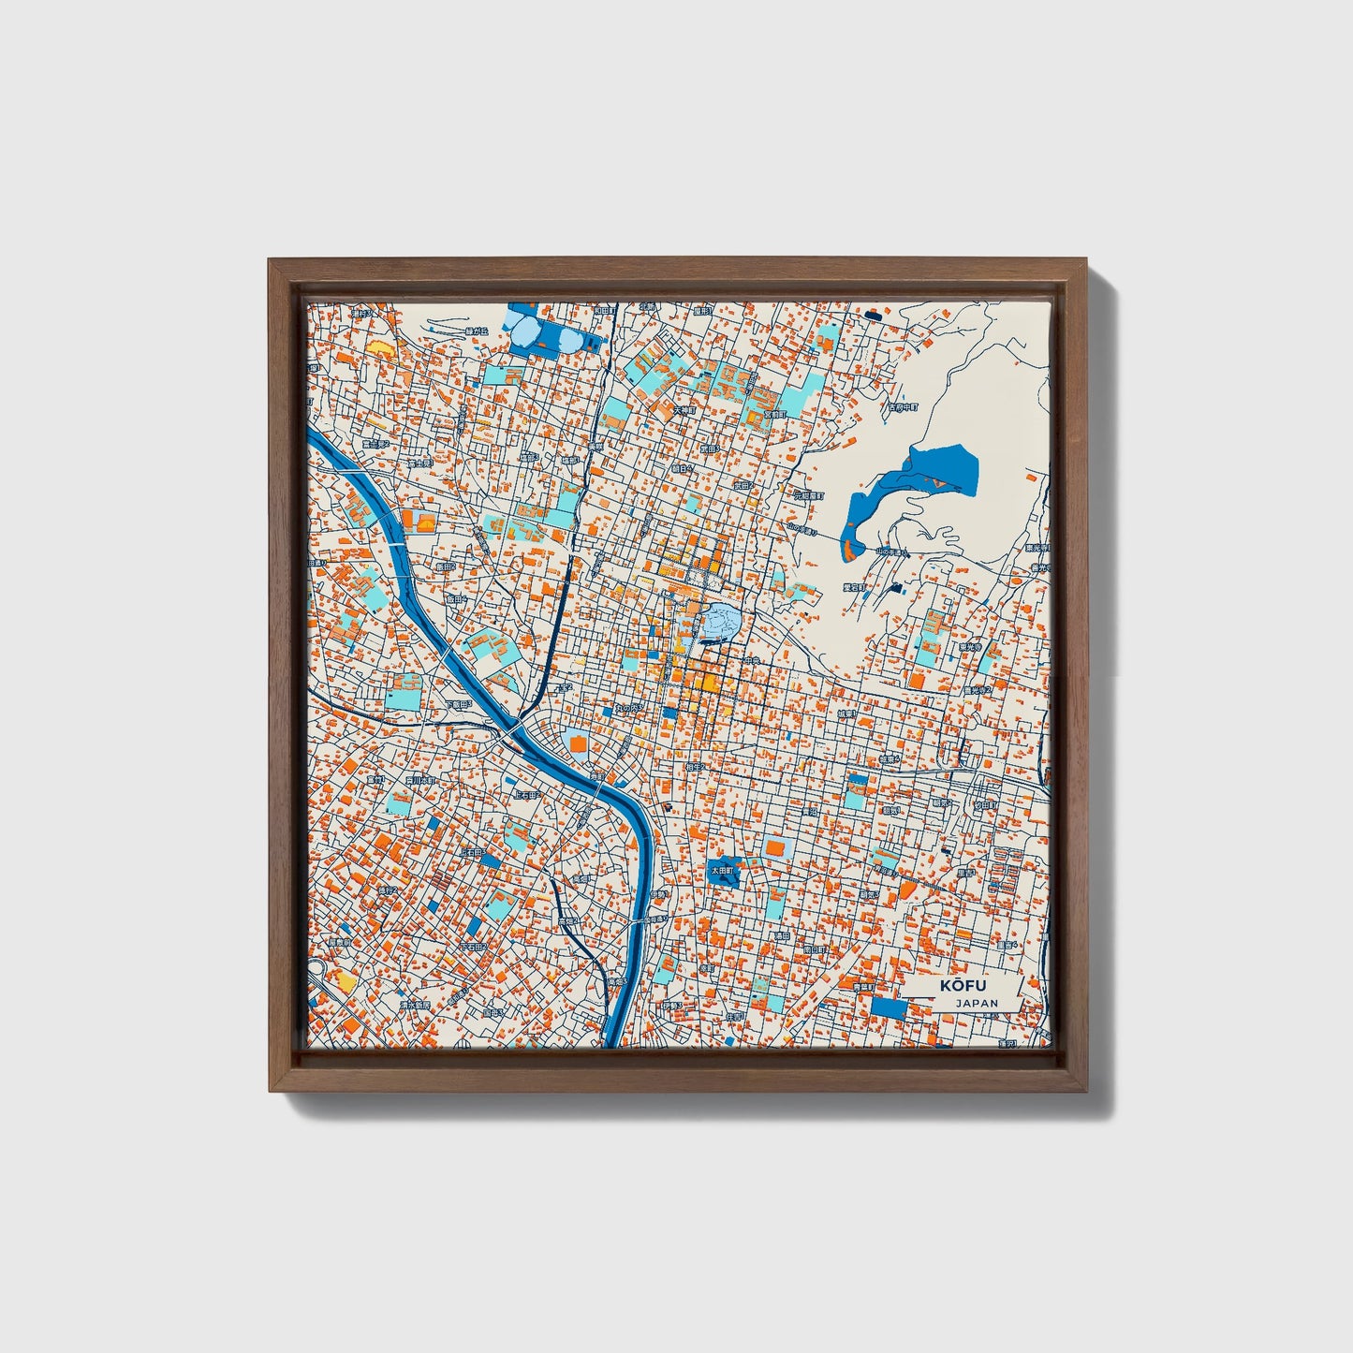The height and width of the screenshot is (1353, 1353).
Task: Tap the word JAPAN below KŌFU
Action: point(977,1003)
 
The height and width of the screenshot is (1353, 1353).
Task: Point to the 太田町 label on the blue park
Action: point(722,870)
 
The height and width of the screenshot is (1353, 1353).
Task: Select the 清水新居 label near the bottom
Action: point(415,1004)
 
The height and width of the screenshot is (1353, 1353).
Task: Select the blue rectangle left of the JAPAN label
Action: point(889,1008)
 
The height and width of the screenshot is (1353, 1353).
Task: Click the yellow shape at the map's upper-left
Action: point(380,347)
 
